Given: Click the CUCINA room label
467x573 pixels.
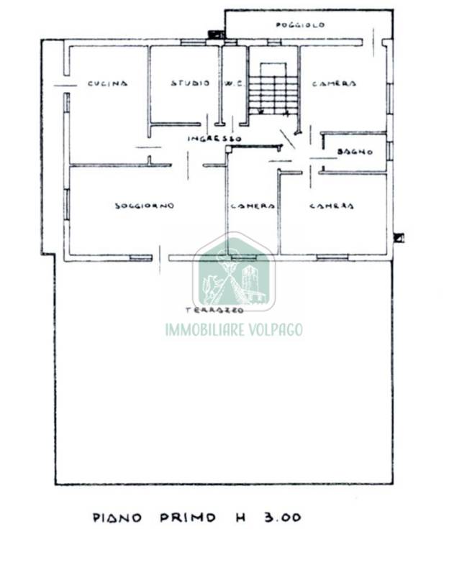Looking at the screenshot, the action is [107, 83].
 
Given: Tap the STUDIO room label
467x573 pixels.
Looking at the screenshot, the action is [191, 83].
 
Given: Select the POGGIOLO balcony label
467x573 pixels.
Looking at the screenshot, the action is [300, 25].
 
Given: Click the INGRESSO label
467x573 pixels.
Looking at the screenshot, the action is [214, 139].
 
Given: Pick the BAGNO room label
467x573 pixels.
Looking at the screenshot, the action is [355, 152].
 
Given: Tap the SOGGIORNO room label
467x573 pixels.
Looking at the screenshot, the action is [145, 206].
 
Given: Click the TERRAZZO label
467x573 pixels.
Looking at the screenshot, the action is [214, 311].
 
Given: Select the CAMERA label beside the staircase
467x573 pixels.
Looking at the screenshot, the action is [334, 83].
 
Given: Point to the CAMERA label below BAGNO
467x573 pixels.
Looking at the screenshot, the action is [332, 206].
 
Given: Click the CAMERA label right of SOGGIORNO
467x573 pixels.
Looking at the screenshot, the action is [253, 206].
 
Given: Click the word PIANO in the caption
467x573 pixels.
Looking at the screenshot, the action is [117, 518].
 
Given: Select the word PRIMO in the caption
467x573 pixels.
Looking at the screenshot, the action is [188, 518].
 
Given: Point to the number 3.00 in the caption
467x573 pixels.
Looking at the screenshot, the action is [283, 518].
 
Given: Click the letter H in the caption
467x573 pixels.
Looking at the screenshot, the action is [240, 518].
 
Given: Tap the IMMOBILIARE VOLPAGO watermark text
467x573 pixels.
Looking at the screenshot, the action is [234, 329].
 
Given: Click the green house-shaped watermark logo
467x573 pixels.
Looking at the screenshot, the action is [234, 272].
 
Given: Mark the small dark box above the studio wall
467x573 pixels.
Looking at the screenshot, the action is [217, 35].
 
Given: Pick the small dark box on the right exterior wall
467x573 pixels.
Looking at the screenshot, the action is [399, 238].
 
